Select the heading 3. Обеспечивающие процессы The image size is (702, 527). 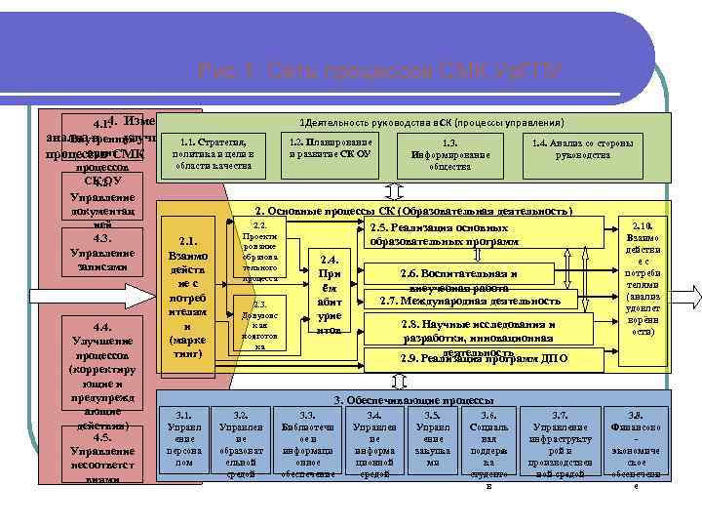pyautogui.click(x=413, y=400)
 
